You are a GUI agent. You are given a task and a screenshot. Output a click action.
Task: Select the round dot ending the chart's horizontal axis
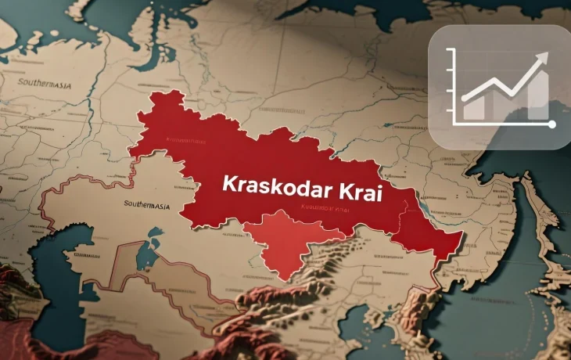(552, 124)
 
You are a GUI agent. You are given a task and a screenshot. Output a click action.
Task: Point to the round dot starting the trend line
(465, 99)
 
